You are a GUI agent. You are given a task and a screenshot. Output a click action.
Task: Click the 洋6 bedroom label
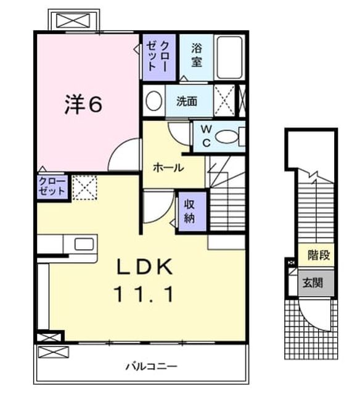point(83,104)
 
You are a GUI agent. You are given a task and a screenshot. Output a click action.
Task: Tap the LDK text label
point(145,267)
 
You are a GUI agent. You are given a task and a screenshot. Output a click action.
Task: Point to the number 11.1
point(144,294)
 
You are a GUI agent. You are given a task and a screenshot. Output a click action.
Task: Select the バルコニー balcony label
point(152,366)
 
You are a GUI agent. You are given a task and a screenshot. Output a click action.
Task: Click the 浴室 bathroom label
point(197,55)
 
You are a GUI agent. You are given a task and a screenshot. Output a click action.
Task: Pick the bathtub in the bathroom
point(230,57)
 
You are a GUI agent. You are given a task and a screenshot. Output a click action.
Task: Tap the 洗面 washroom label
point(186,101)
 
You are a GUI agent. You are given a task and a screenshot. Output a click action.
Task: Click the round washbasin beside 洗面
point(154,101)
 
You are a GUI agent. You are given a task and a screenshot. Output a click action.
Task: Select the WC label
point(207,136)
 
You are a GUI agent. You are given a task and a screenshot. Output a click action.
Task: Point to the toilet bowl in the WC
point(226,137)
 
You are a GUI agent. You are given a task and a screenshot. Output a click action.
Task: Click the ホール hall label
point(168,167)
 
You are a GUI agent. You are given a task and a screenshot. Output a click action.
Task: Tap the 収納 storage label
point(189,211)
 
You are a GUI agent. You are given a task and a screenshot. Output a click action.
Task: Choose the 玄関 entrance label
point(313,283)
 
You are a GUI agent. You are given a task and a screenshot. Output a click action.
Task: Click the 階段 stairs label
point(319,255)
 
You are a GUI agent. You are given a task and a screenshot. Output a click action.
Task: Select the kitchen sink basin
point(84,244)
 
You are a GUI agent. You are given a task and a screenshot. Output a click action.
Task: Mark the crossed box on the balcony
point(53,352)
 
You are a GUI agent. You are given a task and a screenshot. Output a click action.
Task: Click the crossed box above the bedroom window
point(73,20)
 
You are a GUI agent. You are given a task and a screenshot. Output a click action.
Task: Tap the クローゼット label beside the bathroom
point(157,56)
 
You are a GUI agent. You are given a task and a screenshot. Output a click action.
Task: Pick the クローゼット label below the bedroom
point(52,186)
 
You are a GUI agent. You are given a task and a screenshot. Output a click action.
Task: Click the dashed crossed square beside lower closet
point(84,188)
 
